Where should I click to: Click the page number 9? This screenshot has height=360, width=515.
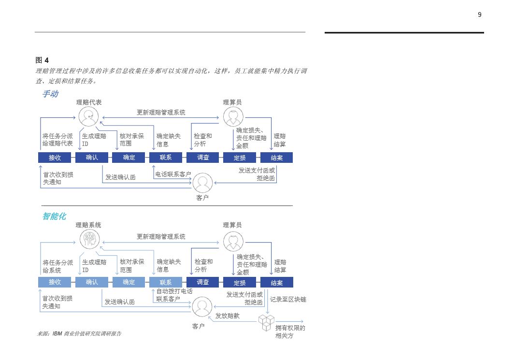coord(479,14)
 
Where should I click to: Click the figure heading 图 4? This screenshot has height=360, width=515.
coord(42,60)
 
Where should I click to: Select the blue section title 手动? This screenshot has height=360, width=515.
coord(50,94)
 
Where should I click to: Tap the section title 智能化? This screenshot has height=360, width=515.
coord(54,216)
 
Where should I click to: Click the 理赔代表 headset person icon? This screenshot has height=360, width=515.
coord(88,116)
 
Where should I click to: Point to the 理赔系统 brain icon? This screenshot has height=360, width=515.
coord(90,239)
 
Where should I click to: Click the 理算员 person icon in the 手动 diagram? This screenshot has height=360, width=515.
coord(233,116)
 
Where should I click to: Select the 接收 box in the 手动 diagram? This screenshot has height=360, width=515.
coord(55,157)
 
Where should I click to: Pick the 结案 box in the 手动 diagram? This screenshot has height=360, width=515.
coord(276,157)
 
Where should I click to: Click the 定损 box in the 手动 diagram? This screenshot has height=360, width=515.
coord(240,157)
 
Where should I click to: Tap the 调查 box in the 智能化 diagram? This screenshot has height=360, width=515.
coord(203,282)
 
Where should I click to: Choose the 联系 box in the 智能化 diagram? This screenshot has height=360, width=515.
coord(166,282)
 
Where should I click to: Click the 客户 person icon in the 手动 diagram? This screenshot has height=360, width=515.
coord(202,183)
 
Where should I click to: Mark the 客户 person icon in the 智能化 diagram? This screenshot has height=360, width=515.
coord(202,306)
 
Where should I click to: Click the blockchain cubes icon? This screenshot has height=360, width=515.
coord(266,322)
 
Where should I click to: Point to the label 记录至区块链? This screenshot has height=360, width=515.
coord(288,300)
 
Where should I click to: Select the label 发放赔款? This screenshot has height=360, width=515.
coord(228,316)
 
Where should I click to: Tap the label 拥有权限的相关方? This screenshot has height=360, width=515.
coord(290,331)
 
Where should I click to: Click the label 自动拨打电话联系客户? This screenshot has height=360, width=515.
coord(174,295)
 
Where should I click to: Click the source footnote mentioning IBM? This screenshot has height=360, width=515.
coord(79,333)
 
